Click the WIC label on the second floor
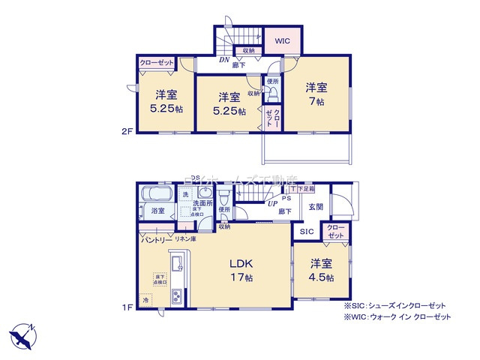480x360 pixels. tap(281, 42)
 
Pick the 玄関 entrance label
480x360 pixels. tap(316, 207)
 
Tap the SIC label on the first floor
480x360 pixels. tap(307, 232)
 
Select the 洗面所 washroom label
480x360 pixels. tap(202, 203)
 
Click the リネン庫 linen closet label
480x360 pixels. tap(186, 239)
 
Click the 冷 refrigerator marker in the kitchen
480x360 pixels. tap(145, 299)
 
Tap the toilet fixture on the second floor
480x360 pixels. tap(273, 92)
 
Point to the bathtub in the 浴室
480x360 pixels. tap(157, 191)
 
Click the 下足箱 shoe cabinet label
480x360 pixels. tap(306, 189)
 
